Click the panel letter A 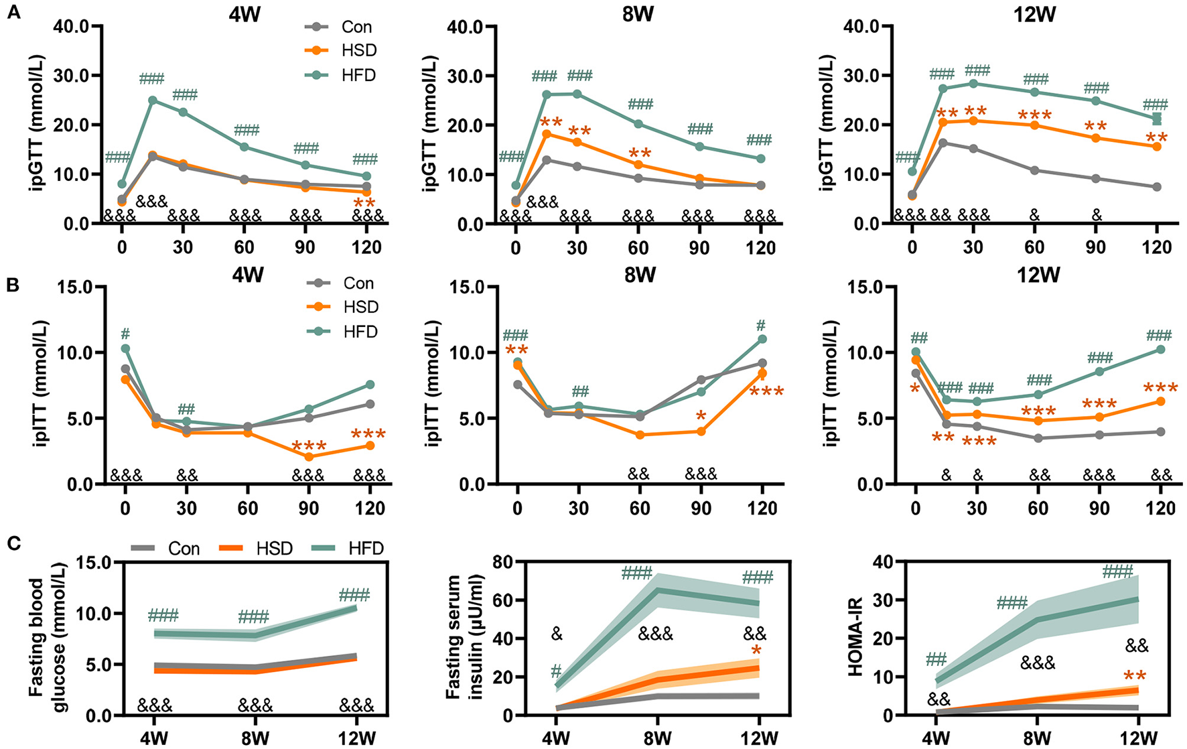coord(12,12)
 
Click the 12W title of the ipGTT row coord(1034,13)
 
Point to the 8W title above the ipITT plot coord(640,275)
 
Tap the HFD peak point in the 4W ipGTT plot coord(153,100)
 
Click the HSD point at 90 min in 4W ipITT coord(309,457)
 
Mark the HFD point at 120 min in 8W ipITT coord(762,339)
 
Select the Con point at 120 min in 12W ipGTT coord(1157,187)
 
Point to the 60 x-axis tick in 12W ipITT coord(1038,508)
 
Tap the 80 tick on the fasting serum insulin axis coord(502,561)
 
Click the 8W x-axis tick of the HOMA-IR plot coord(1036,738)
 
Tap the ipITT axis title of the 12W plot coord(833,383)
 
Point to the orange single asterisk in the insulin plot coord(756,652)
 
